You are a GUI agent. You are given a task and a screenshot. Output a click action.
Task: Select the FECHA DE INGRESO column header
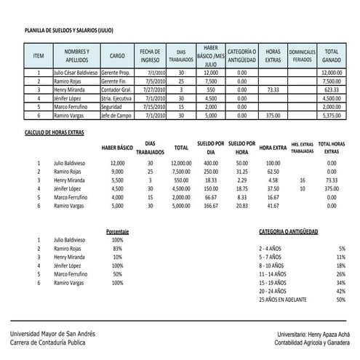pos(151,55)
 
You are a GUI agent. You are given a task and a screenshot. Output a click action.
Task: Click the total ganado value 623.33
pos(332,89)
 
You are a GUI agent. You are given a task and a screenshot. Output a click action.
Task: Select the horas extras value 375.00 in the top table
pos(273,114)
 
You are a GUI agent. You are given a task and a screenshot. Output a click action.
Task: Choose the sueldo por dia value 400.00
pos(210,164)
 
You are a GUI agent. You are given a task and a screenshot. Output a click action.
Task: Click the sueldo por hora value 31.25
pos(241,172)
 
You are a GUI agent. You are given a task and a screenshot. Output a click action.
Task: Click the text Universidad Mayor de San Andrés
pos(52,333)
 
